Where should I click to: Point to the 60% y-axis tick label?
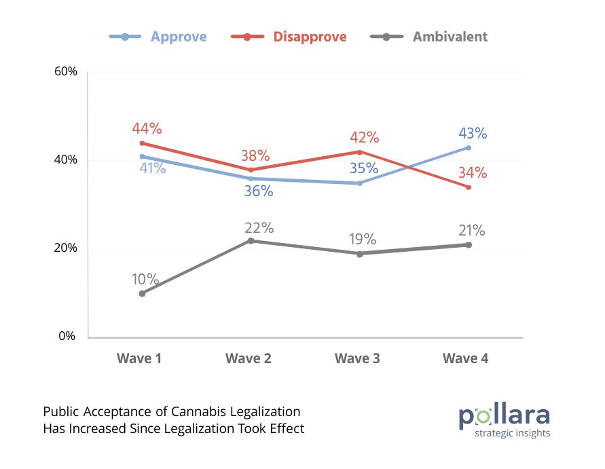click(66, 72)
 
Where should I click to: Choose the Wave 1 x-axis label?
click(140, 358)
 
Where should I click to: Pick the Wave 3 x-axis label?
click(357, 358)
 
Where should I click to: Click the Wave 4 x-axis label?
click(466, 358)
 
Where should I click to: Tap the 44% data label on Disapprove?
click(147, 129)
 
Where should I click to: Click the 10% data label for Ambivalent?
click(145, 280)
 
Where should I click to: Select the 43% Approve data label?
click(473, 134)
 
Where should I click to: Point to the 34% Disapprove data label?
click(473, 173)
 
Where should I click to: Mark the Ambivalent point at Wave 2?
click(251, 241)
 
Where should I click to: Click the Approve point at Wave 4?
click(469, 148)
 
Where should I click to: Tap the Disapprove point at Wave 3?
click(360, 152)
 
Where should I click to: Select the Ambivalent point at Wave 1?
click(143, 294)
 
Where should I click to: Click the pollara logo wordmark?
click(504, 415)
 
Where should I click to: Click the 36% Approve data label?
click(259, 192)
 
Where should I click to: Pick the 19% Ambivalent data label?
click(363, 240)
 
